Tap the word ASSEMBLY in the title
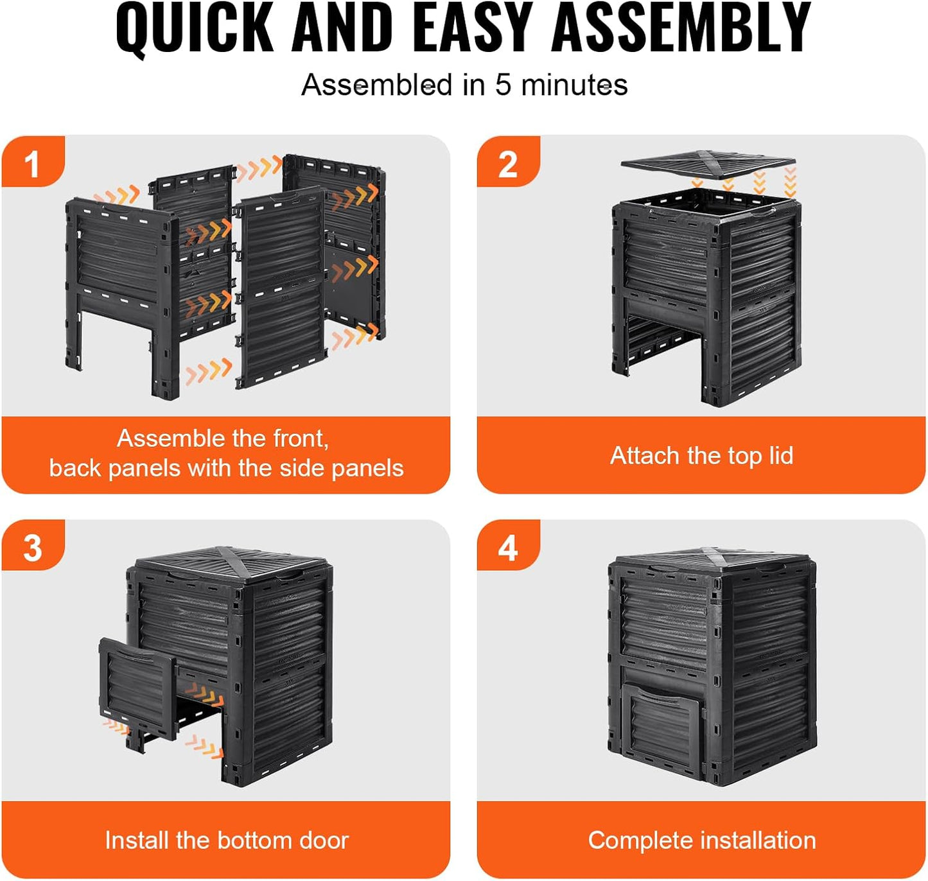click(x=681, y=28)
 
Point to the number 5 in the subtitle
click(x=503, y=85)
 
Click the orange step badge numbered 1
click(x=33, y=161)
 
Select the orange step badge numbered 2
click(x=509, y=161)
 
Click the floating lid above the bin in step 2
click(x=708, y=164)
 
